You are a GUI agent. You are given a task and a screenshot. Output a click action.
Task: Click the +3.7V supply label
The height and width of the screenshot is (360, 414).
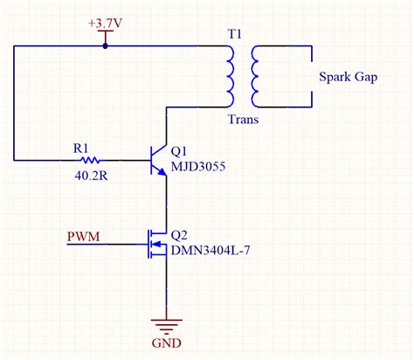click(x=105, y=20)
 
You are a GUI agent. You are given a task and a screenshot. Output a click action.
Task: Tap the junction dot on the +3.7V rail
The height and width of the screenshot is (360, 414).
click(x=105, y=46)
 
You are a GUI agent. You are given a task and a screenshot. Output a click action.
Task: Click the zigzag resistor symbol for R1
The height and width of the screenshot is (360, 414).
click(x=89, y=160)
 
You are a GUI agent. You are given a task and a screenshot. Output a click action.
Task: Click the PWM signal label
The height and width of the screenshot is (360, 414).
click(x=82, y=236)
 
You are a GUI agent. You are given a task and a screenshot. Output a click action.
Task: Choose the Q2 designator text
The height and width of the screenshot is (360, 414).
click(x=180, y=235)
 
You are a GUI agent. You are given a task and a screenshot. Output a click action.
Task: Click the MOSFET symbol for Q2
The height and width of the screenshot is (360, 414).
click(x=155, y=244)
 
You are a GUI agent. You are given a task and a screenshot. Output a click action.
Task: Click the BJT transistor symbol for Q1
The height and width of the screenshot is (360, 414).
click(x=157, y=160)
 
